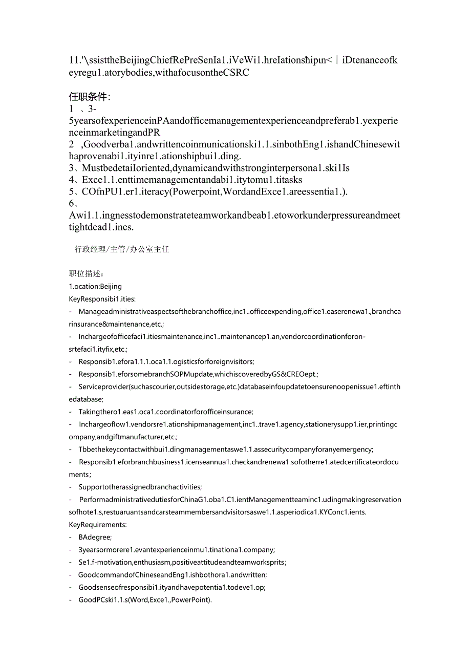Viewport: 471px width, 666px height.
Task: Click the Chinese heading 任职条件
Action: pyautogui.click(x=90, y=97)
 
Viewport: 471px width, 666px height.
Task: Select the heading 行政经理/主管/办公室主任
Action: pyautogui.click(x=122, y=249)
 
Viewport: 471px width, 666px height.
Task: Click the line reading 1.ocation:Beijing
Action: pyautogui.click(x=95, y=286)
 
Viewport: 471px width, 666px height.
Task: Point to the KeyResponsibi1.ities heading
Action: pyautogui.click(x=102, y=299)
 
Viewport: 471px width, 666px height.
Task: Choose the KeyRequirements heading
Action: pyautogui.click(x=97, y=524)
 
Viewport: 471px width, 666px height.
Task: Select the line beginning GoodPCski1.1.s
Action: pyautogui.click(x=145, y=599)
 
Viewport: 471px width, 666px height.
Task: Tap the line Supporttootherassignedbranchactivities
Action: pyautogui.click(x=140, y=487)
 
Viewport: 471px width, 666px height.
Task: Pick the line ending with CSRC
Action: pyautogui.click(x=159, y=73)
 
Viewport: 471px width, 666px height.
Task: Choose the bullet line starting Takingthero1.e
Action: pyautogui.click(x=165, y=412)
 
